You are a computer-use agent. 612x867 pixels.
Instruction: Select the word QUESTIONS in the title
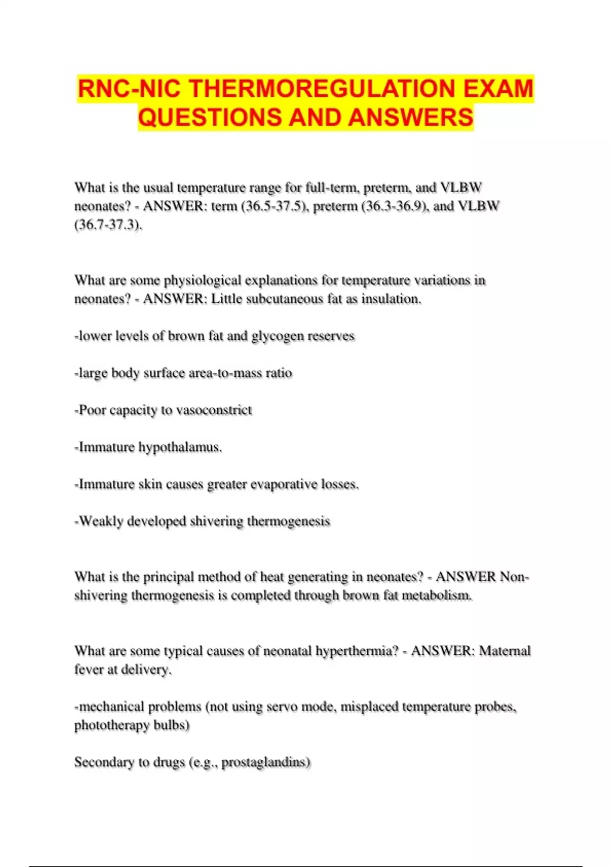click(210, 117)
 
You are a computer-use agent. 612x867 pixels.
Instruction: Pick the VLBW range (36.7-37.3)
click(108, 224)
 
